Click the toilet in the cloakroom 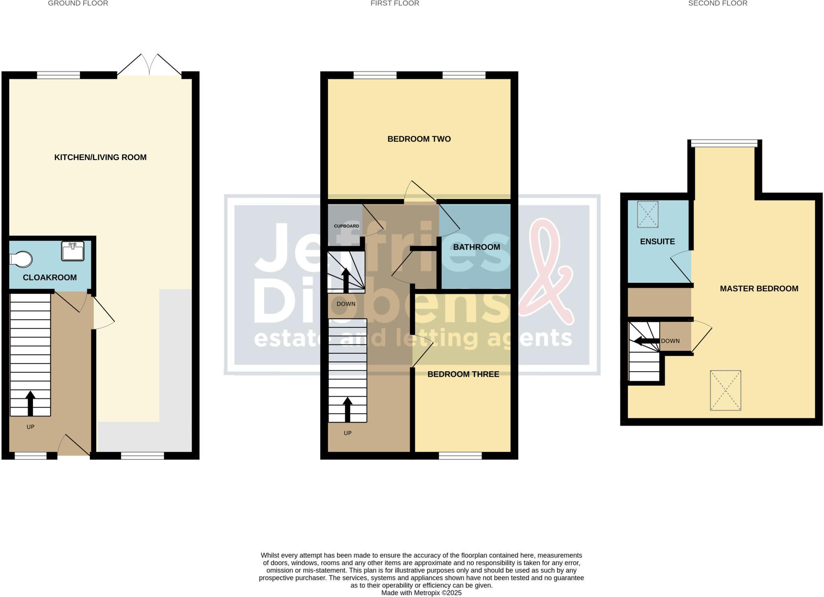click(x=21, y=259)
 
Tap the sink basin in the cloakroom click(x=73, y=251)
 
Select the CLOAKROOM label click(x=50, y=278)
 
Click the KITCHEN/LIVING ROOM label click(x=100, y=157)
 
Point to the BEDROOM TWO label click(x=419, y=139)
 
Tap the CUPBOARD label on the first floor click(x=346, y=226)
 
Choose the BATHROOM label click(x=476, y=247)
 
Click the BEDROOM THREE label click(x=463, y=374)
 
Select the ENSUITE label click(x=657, y=241)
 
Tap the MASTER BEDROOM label click(x=759, y=288)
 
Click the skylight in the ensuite click(x=648, y=214)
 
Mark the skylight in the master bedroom click(x=725, y=391)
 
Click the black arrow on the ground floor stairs click(x=31, y=403)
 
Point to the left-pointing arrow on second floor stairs click(x=647, y=342)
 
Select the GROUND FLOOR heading click(x=78, y=3)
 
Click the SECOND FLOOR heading click(x=718, y=3)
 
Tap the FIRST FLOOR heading click(x=395, y=3)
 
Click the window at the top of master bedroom click(x=725, y=143)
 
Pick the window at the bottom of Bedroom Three click(x=460, y=456)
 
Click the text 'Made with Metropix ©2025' click(x=421, y=593)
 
